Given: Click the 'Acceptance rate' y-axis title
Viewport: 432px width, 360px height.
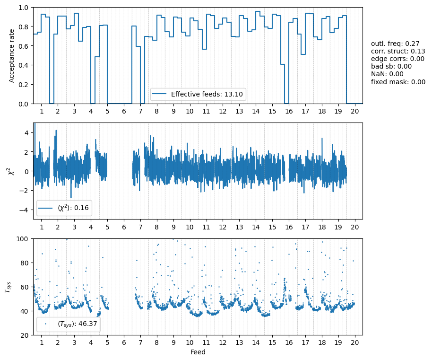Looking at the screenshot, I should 12,55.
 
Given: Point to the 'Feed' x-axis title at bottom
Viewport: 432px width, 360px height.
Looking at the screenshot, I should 198,352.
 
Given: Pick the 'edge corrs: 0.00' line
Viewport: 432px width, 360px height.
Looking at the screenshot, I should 397,59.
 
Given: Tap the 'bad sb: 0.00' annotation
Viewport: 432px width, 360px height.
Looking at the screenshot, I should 391,66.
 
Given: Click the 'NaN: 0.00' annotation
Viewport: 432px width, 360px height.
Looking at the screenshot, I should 387,74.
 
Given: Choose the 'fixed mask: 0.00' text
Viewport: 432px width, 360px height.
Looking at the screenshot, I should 398,81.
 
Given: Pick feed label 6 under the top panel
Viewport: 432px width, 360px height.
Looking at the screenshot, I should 124,111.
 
